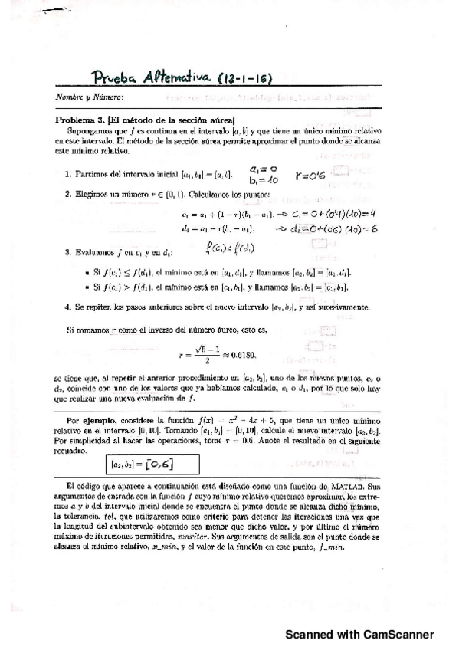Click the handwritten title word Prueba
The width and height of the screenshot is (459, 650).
[x=113, y=78]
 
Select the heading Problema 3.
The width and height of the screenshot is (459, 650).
[x=80, y=120]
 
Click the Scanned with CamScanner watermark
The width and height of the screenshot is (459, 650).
[x=359, y=635]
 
